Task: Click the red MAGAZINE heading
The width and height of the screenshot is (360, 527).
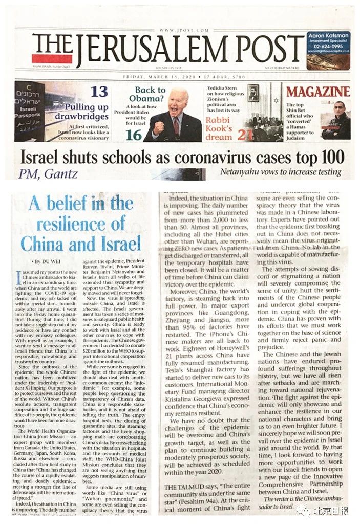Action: [317, 92]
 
